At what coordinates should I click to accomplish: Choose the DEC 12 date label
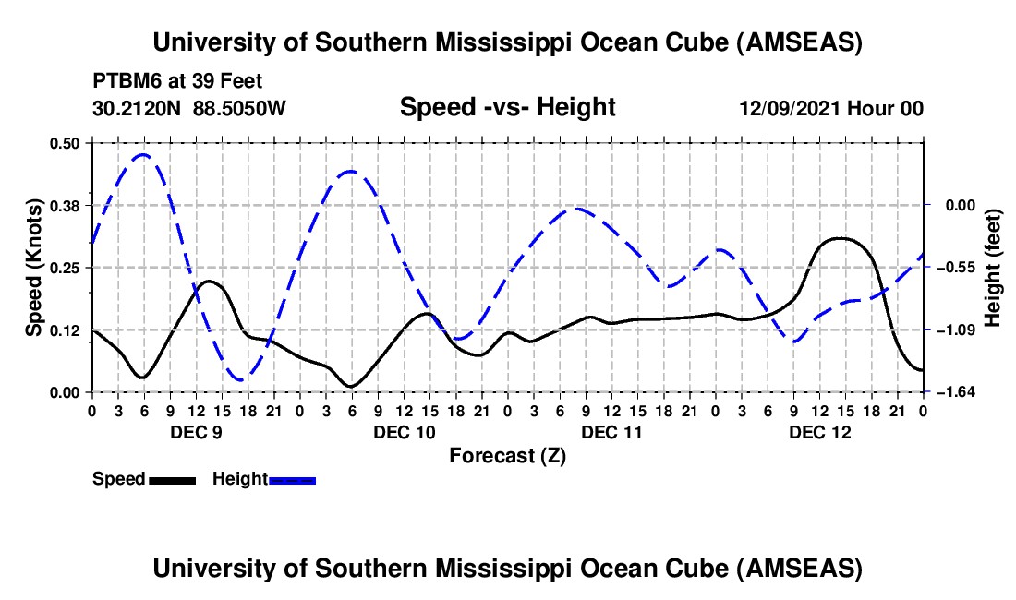818,431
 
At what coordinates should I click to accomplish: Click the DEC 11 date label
611,431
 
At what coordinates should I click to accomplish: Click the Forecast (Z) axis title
507,455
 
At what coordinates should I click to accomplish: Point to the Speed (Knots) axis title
33,267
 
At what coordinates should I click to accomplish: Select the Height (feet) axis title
994,267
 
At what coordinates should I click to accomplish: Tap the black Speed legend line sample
172,479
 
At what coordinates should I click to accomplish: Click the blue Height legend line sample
293,479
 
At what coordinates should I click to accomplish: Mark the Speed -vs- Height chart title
507,107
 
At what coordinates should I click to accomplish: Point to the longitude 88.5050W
239,108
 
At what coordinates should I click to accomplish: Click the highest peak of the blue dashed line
143,155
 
